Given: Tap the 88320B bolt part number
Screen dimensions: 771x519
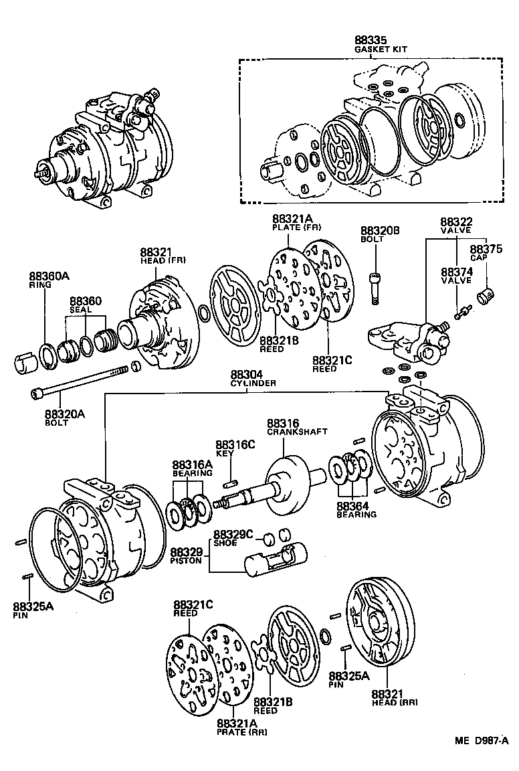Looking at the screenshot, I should click(x=380, y=230).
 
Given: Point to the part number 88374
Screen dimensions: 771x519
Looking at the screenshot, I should click(x=456, y=272).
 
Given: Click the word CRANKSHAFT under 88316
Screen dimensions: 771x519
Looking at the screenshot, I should click(x=296, y=432).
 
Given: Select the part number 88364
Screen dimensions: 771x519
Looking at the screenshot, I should click(x=352, y=506).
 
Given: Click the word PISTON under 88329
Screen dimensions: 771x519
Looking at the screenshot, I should click(x=186, y=560).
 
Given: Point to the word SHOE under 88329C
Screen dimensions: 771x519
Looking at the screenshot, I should click(x=224, y=543).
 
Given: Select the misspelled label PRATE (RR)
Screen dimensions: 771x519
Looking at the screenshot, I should click(x=242, y=732).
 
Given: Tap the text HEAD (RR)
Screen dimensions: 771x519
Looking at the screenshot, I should click(x=395, y=703).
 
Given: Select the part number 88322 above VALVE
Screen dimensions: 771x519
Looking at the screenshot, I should click(x=456, y=222).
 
